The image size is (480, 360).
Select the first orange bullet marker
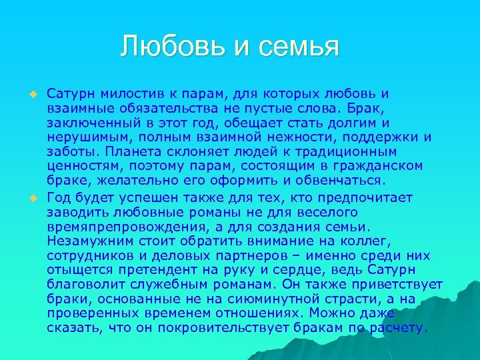31,94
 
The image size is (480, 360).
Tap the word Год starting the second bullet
59,197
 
